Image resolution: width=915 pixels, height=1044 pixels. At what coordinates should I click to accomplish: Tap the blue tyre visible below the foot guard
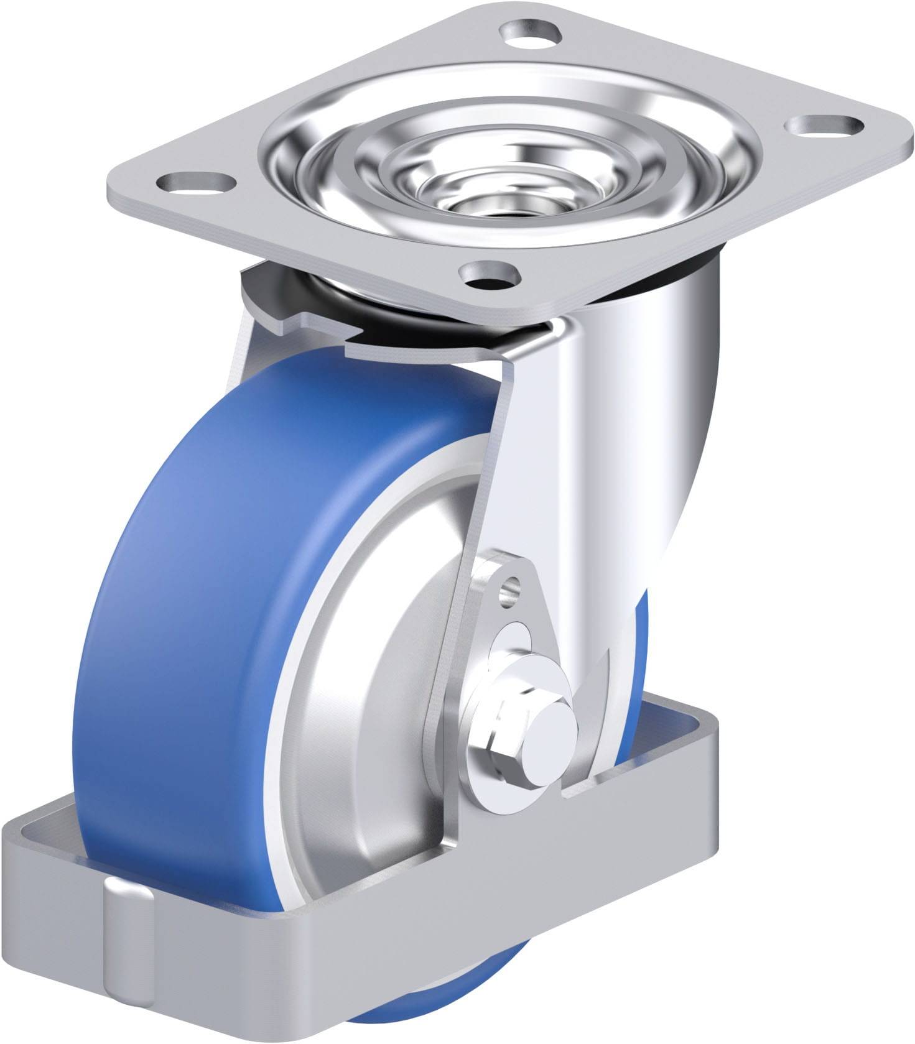404,1020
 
